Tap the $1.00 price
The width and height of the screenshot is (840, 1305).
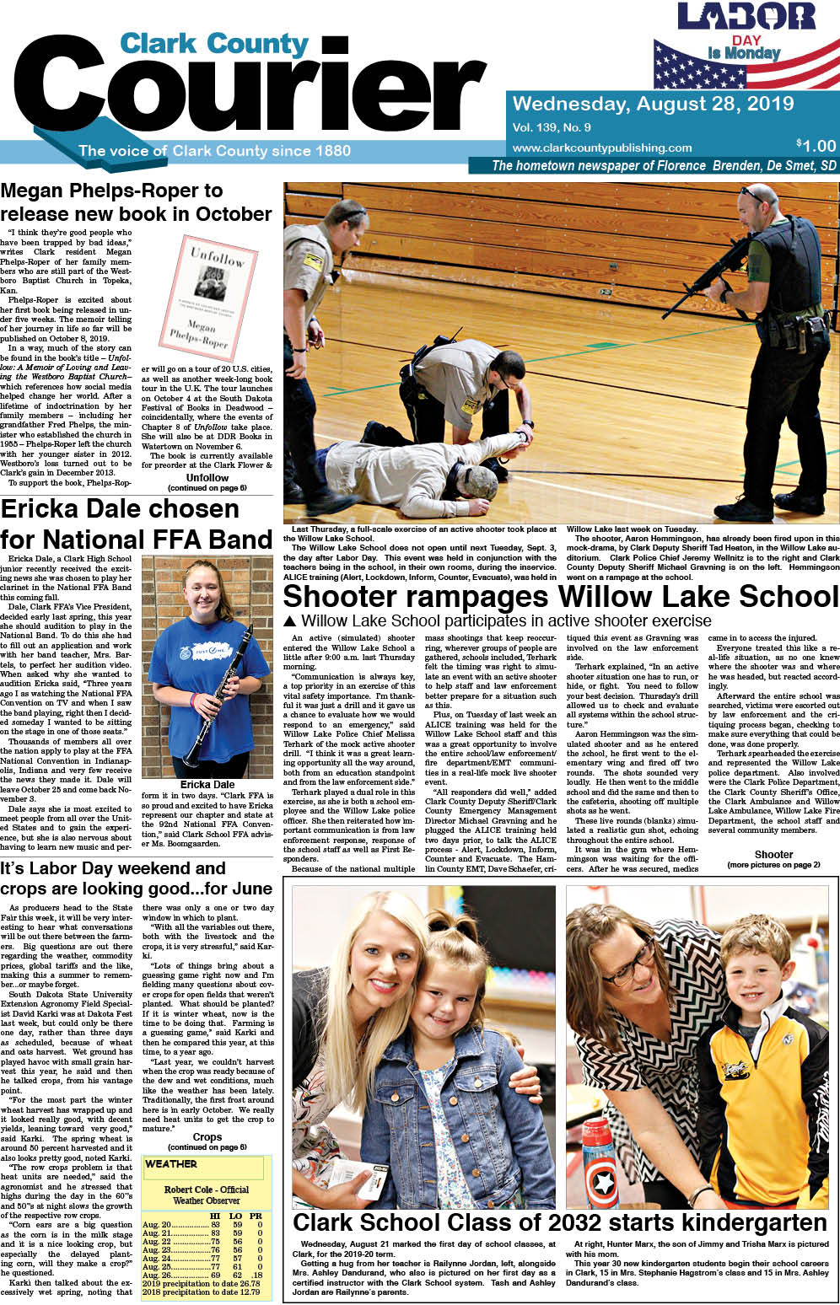(816, 145)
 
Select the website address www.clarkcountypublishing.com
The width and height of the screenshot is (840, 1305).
(601, 148)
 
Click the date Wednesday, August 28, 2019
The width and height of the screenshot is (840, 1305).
(653, 104)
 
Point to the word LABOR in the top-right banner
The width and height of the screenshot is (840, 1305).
(746, 17)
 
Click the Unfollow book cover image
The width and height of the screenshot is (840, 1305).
(208, 296)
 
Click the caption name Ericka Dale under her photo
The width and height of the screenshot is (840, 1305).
(207, 785)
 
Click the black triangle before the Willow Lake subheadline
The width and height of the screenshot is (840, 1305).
(290, 621)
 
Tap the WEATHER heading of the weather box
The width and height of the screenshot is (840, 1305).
(171, 1164)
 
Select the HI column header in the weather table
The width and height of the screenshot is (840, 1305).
(215, 1216)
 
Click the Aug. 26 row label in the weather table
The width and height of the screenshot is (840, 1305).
(157, 1275)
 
